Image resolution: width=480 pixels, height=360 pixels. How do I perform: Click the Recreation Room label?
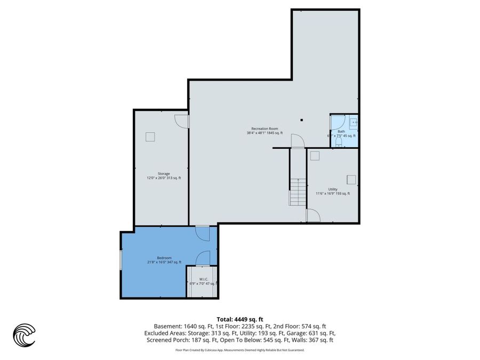[265, 129]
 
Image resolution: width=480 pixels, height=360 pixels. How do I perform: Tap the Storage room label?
[163, 174]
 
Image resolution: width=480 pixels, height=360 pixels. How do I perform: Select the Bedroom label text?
[164, 258]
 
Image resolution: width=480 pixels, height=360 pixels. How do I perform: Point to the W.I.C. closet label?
[203, 279]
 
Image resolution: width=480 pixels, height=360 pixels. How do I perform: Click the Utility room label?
[332, 189]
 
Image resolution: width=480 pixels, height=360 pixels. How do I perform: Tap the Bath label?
[341, 132]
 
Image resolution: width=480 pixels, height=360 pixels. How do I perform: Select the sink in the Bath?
[354, 123]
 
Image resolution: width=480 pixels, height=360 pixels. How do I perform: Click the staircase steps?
[298, 193]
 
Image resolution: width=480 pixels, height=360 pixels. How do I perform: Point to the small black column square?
[301, 120]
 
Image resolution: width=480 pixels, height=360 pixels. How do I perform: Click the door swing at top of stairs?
[297, 141]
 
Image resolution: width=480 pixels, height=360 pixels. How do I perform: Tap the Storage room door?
[182, 121]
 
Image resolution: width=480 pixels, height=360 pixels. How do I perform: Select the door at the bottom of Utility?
[313, 215]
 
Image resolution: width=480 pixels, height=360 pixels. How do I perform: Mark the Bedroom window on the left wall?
[121, 262]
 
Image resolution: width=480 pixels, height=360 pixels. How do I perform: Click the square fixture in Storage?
[150, 137]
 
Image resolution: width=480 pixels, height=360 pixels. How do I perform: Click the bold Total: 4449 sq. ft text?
[239, 319]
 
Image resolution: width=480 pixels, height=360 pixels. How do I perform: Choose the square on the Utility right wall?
[351, 179]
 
